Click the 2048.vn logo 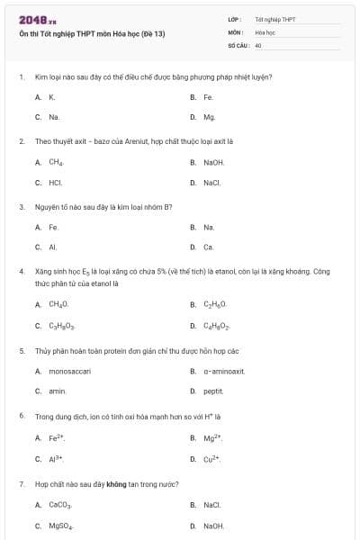31,20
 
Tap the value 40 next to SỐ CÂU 258,44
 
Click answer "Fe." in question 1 208,96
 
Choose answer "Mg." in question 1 209,117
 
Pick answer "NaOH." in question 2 213,162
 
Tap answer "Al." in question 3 53,247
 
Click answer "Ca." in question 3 208,247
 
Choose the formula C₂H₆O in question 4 215,305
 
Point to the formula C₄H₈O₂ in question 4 217,326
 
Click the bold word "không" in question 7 116,483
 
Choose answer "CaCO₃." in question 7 59,505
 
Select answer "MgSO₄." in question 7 60,526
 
